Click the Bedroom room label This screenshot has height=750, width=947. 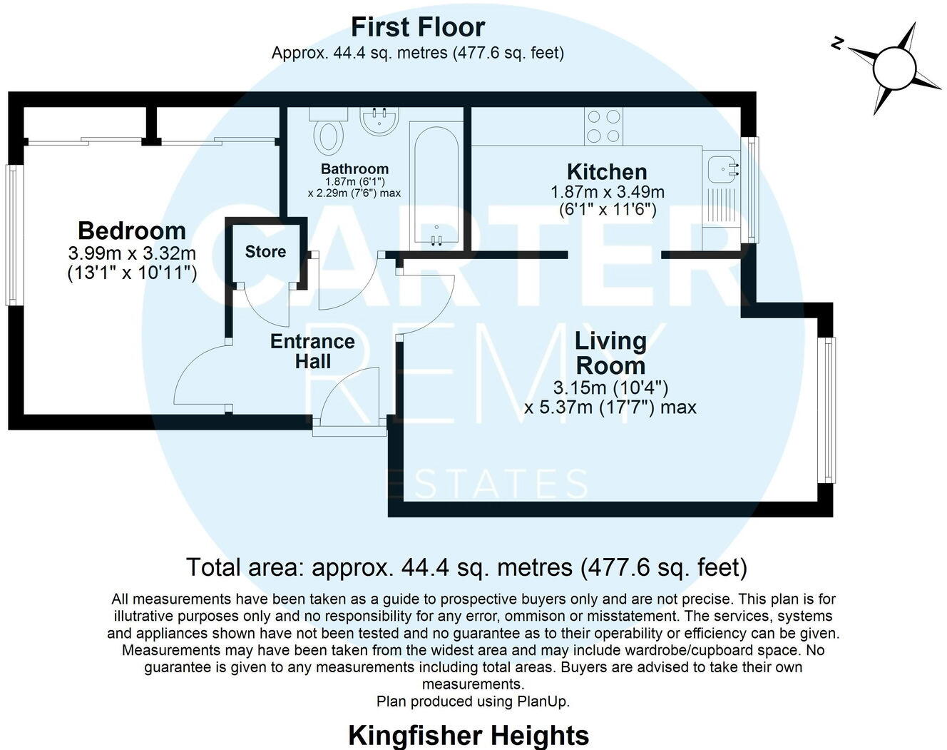point(132,230)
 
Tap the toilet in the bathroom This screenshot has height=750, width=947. point(328,134)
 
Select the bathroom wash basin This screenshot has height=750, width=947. point(379,121)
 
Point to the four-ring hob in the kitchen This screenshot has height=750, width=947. point(603,126)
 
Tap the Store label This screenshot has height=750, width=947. point(265,252)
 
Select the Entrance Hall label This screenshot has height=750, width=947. point(312,351)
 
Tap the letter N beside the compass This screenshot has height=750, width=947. point(838,44)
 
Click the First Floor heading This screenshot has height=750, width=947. point(418,27)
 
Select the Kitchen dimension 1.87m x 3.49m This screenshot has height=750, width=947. point(607,192)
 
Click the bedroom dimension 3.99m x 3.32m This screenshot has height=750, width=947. point(132,253)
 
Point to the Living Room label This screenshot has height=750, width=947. point(610,353)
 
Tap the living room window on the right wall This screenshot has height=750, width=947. point(827,410)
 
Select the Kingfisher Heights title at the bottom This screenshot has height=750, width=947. point(469,734)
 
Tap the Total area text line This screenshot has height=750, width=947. point(466,568)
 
